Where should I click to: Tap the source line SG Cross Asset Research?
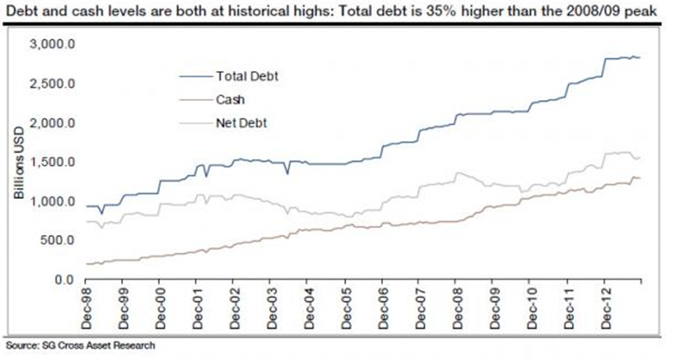point(80,345)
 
